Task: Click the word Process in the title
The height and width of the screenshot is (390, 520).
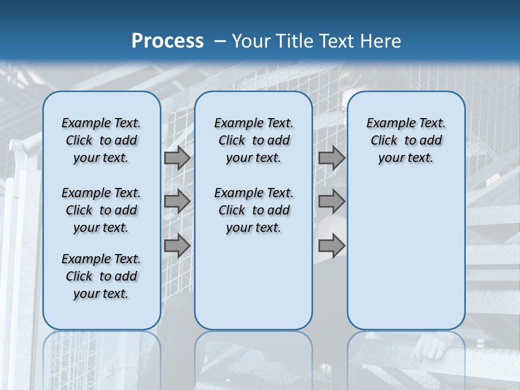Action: point(167,41)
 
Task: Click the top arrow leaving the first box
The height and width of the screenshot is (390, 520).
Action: point(177,158)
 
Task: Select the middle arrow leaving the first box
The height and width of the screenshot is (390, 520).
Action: point(177,201)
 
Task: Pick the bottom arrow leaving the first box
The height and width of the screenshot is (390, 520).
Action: point(177,245)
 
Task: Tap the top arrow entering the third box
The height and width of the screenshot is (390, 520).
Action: point(331,158)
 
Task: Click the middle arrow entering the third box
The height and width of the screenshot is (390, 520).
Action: point(331,201)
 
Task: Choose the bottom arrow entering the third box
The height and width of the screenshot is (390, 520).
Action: point(331,245)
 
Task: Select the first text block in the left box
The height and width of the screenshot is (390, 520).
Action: point(101,140)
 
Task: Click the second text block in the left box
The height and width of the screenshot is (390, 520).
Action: point(101,210)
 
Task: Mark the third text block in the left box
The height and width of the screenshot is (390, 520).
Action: point(101,276)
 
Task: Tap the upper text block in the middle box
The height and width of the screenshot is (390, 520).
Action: point(253,140)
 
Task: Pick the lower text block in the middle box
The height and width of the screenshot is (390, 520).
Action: point(253,210)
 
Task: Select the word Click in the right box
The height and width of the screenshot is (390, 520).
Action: point(384,141)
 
